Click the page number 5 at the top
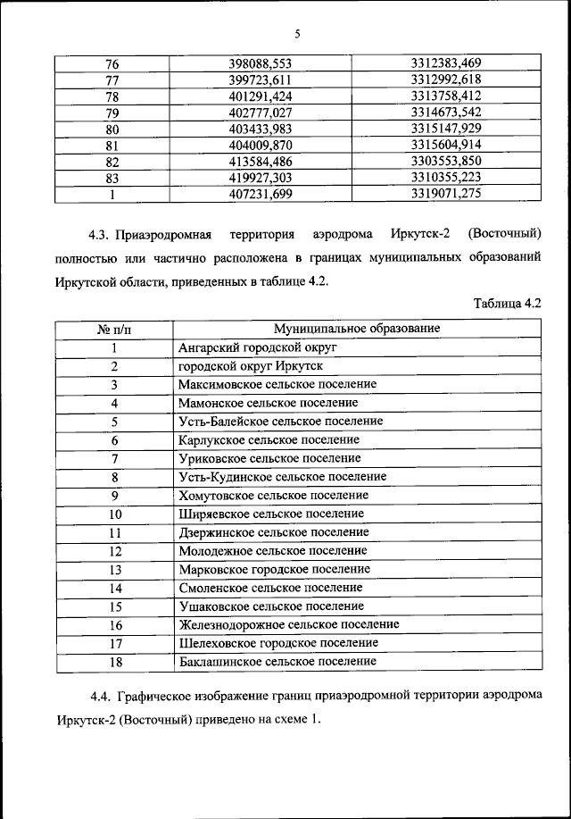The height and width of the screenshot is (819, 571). [x=297, y=35]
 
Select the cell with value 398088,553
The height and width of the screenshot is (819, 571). [x=261, y=63]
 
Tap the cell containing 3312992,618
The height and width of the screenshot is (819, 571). [x=446, y=79]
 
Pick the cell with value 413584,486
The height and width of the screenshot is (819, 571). [x=261, y=161]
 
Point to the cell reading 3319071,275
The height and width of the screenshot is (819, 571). [x=446, y=193]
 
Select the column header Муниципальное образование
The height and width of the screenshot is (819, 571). [x=357, y=329]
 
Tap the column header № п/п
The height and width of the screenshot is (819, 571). [x=113, y=329]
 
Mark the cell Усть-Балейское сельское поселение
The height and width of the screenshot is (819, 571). [x=280, y=421]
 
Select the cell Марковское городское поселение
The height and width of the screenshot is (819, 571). [x=274, y=569]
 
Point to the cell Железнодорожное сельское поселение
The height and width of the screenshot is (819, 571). [x=288, y=624]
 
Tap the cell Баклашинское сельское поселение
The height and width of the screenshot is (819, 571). [x=277, y=661]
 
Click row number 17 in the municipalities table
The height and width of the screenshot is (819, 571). [x=114, y=643]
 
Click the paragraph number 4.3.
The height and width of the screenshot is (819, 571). [x=98, y=236]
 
